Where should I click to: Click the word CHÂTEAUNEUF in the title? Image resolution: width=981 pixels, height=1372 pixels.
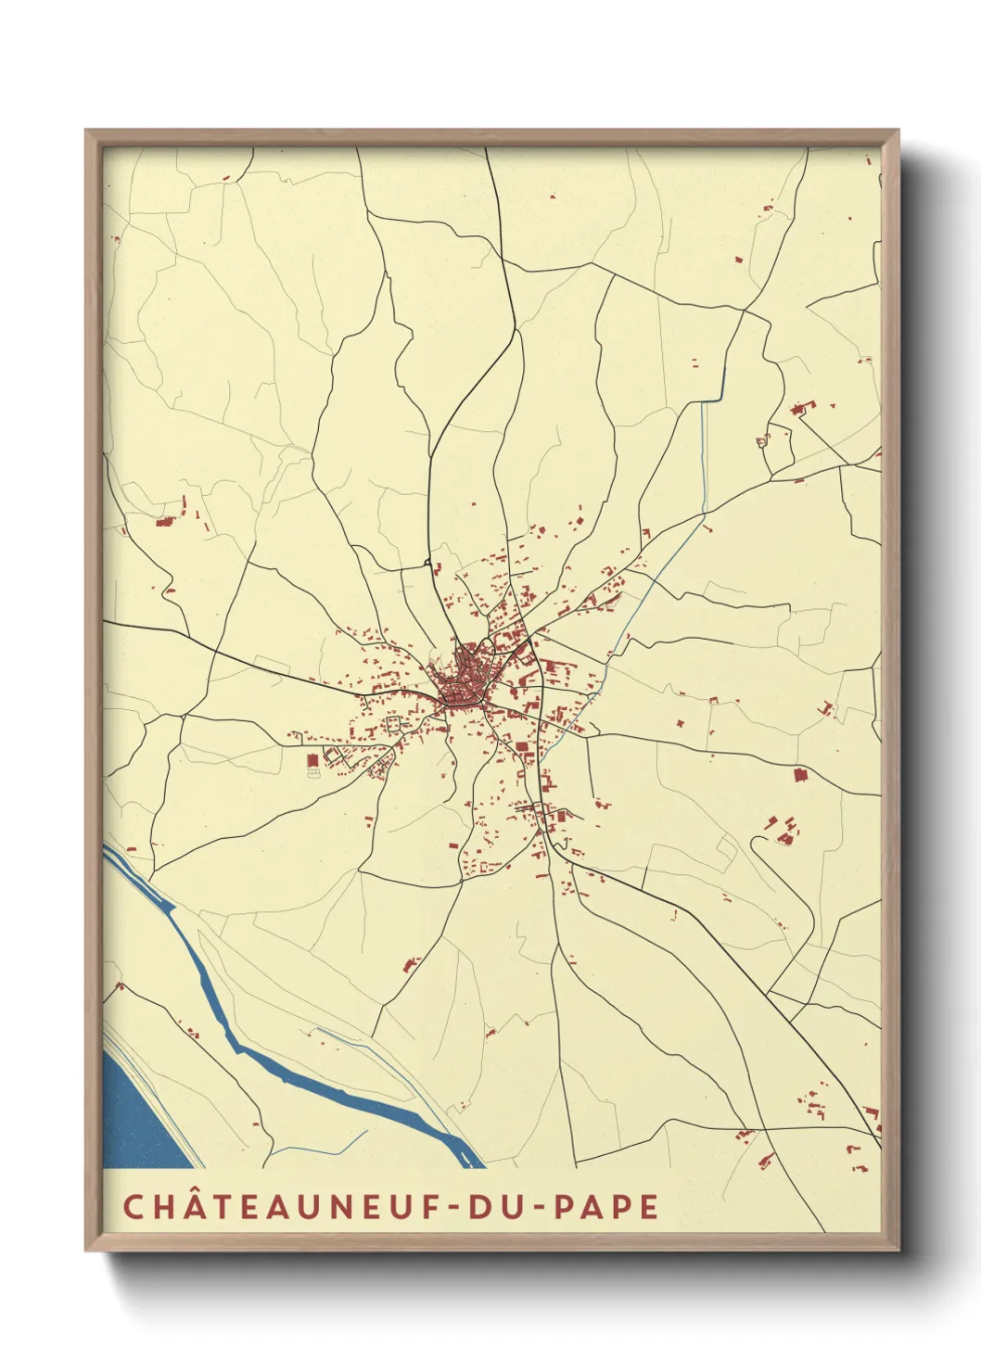coord(281,1206)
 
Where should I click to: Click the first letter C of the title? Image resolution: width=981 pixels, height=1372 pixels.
coord(134,1206)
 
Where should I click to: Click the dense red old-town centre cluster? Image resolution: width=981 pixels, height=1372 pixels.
coord(466,681)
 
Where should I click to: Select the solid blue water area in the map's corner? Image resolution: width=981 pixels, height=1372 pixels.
coord(134,1122)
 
